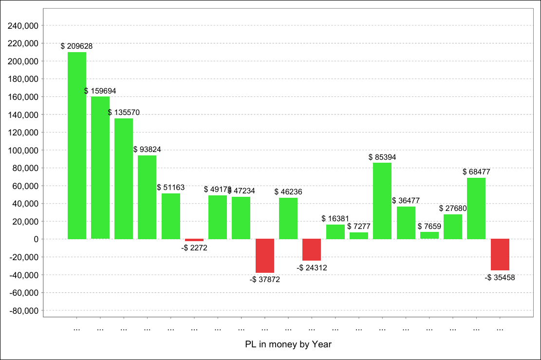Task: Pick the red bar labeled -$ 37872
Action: pyautogui.click(x=265, y=256)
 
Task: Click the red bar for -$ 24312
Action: pyautogui.click(x=312, y=249)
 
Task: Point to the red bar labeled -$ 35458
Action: pyautogui.click(x=500, y=254)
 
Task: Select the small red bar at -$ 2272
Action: pyautogui.click(x=194, y=240)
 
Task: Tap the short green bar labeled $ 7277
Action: pyautogui.click(x=359, y=236)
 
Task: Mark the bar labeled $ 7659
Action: pyautogui.click(x=429, y=235)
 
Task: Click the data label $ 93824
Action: pyautogui.click(x=147, y=149)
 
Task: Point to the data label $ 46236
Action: pyautogui.click(x=288, y=192)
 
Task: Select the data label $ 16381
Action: pyautogui.click(x=336, y=219)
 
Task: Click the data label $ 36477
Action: pyautogui.click(x=406, y=201)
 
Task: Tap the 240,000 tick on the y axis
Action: pyautogui.click(x=24, y=26)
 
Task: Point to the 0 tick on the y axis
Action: pyautogui.click(x=36, y=239)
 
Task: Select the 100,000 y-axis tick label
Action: pyautogui.click(x=24, y=151)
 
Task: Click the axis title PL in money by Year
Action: pyautogui.click(x=288, y=344)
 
